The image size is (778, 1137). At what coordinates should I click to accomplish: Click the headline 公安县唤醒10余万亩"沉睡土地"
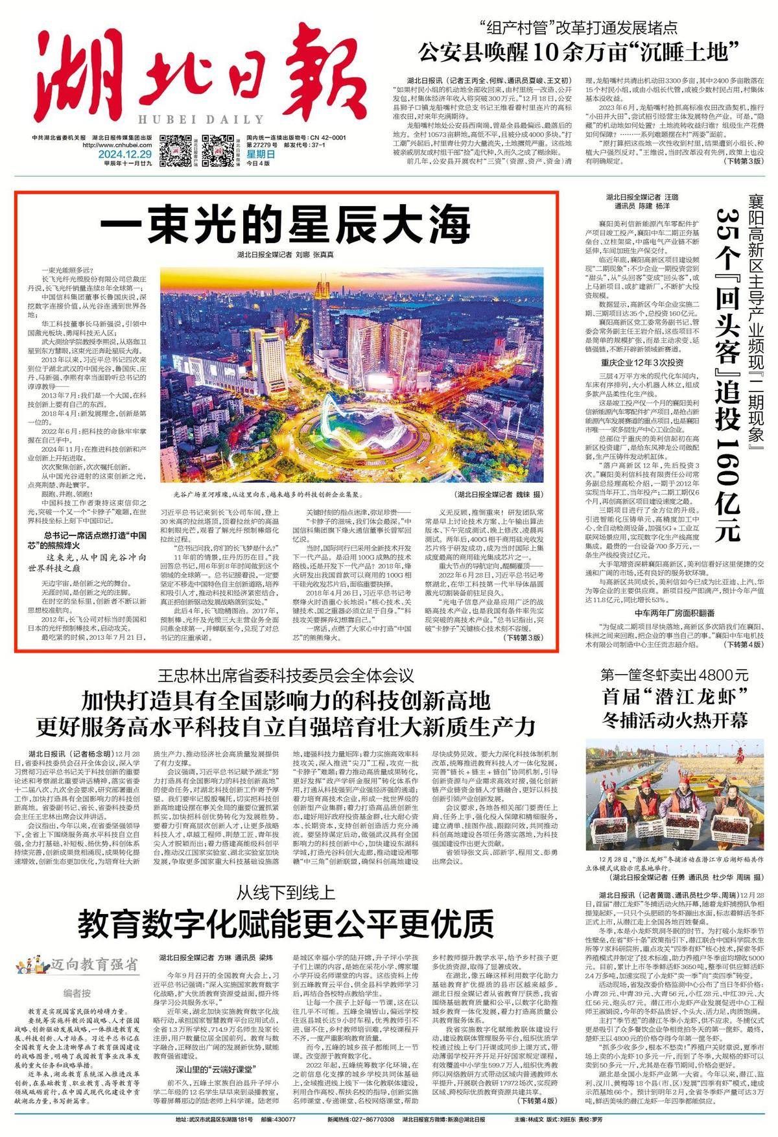pyautogui.click(x=580, y=50)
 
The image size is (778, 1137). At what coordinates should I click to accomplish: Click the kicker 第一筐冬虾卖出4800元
pyautogui.click(x=674, y=674)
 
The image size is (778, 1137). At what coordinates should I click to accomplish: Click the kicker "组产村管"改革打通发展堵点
pyautogui.click(x=571, y=28)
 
